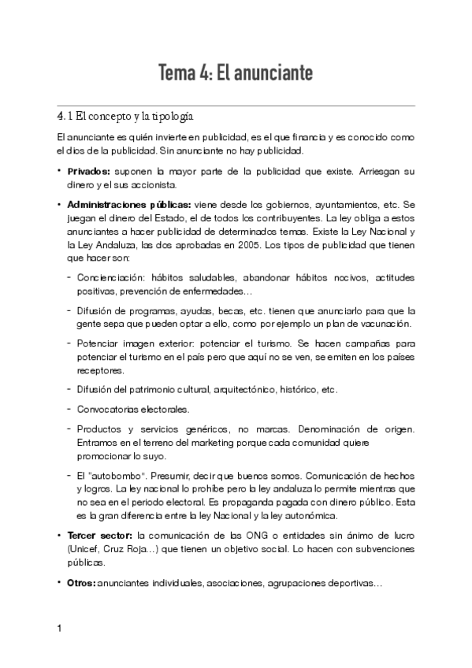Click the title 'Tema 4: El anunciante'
pos(236,73)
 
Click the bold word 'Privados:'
pos(89,170)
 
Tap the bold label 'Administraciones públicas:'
pos(128,203)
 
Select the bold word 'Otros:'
pos(81,584)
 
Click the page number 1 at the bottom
pos(60,629)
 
